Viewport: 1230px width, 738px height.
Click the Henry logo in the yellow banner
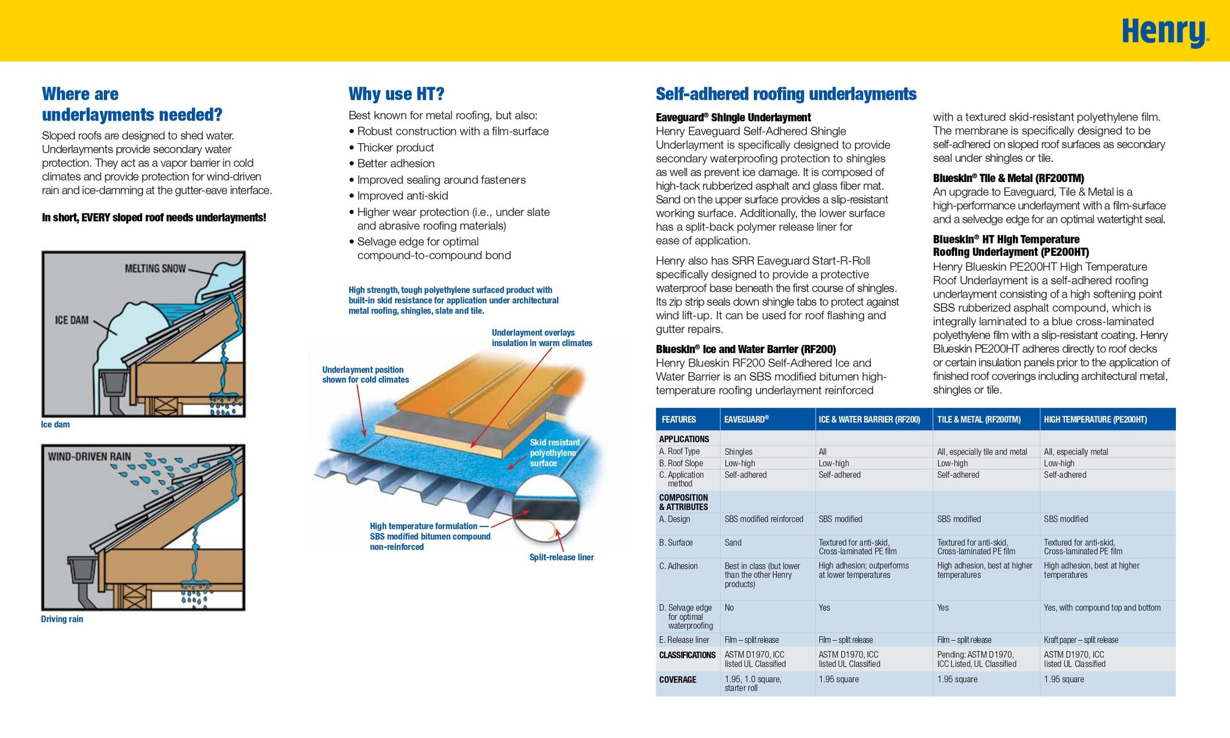coord(1164,33)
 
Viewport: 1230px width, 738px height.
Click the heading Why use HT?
coord(396,94)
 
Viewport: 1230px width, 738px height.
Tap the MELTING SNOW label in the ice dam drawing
coord(155,269)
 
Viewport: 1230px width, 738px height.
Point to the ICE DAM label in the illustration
coord(72,320)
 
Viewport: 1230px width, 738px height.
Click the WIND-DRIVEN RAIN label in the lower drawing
coord(90,457)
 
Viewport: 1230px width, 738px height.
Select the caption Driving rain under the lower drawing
coord(62,619)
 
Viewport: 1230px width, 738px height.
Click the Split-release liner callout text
coord(561,558)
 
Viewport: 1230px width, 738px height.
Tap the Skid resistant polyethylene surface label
coord(553,453)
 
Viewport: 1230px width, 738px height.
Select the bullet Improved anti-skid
coord(402,196)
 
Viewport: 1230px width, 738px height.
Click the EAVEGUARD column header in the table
coord(746,419)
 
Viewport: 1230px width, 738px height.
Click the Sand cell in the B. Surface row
coord(733,543)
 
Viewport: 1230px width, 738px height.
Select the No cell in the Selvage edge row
coord(729,608)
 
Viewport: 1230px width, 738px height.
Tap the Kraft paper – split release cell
coord(1081,640)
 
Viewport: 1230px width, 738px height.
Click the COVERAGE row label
coord(678,680)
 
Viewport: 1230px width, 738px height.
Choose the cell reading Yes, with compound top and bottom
coord(1102,608)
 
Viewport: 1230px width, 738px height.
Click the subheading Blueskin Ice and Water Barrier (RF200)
coord(745,349)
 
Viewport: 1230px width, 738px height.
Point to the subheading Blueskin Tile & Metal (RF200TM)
coord(1008,178)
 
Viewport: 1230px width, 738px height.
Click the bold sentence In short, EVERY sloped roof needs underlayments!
coord(154,218)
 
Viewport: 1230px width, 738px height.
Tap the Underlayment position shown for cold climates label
coord(365,375)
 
